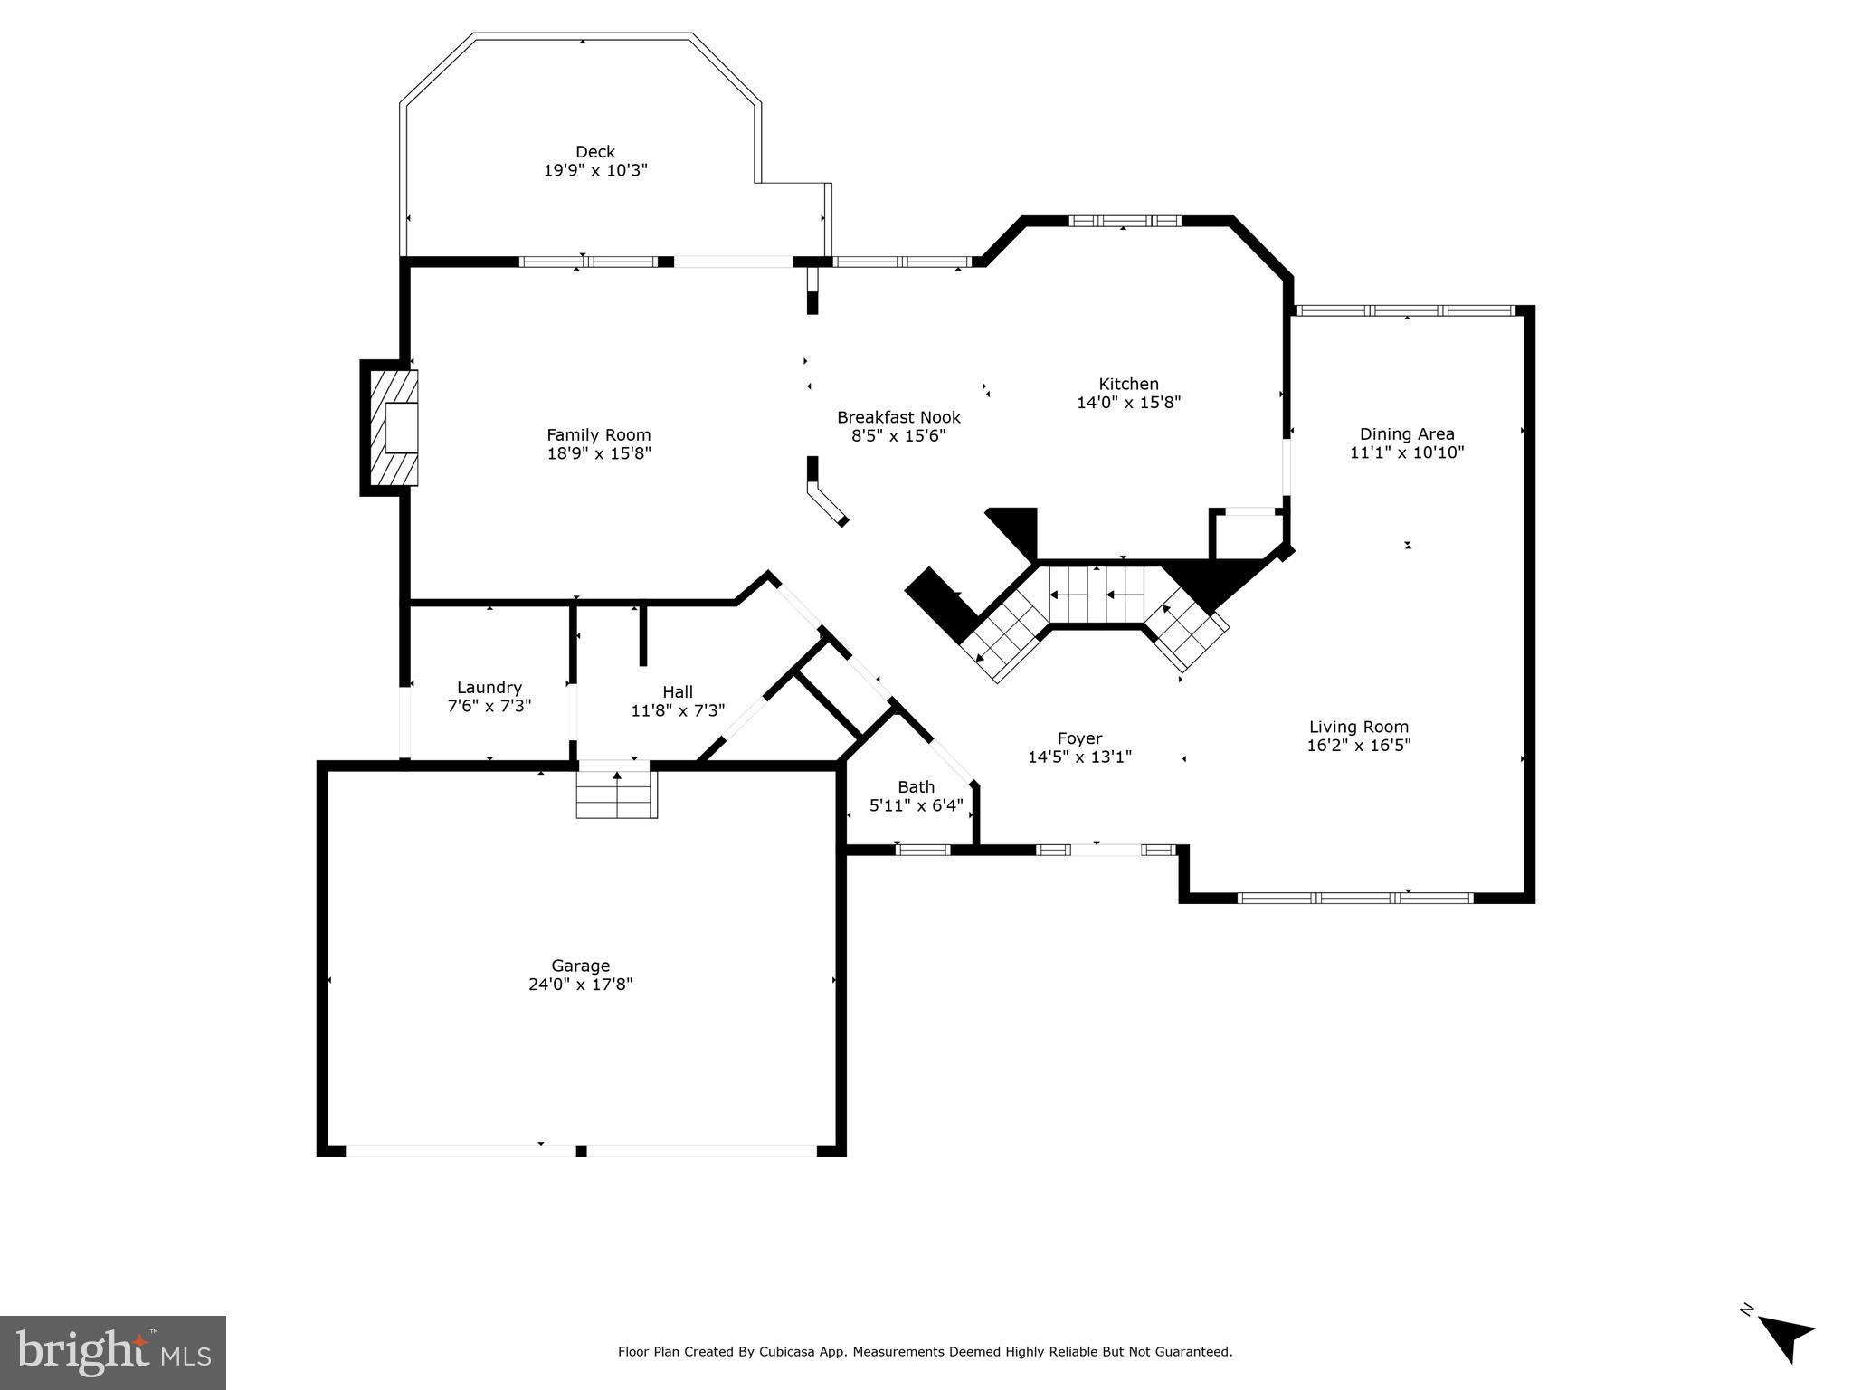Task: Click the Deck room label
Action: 594,152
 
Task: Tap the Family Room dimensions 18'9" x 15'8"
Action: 598,453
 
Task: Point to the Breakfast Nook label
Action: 898,417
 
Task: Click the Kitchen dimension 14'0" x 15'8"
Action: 1128,403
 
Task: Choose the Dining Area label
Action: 1406,434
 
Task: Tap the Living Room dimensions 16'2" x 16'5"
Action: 1358,746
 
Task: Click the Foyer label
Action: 1079,738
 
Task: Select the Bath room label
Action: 916,787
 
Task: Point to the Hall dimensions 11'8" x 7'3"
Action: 678,711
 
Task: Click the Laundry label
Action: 489,688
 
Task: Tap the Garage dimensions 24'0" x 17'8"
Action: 580,985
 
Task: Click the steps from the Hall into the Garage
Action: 617,794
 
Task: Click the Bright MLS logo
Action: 113,1353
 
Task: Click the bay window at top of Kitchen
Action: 1125,221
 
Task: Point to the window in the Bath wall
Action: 923,850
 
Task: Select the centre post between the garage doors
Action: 581,1151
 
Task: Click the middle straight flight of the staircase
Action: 1097,595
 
